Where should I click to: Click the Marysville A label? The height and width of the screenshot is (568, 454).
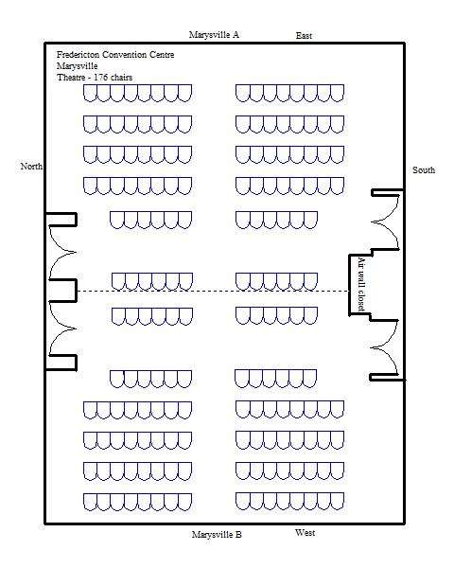(x=214, y=35)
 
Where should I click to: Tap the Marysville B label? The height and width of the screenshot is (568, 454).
(x=217, y=535)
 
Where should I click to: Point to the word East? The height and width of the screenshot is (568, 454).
(x=304, y=36)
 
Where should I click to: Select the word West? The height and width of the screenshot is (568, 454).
(x=305, y=533)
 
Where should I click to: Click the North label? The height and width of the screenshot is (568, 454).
(x=31, y=167)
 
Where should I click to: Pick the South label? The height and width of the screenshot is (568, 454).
(x=424, y=169)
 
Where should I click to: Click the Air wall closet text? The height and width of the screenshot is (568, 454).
(x=361, y=284)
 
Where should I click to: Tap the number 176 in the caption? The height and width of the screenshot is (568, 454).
(x=100, y=78)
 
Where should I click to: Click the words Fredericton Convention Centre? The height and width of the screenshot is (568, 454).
(x=115, y=55)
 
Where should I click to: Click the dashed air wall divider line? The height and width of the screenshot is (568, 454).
(x=213, y=291)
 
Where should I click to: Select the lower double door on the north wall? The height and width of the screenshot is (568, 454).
(x=62, y=328)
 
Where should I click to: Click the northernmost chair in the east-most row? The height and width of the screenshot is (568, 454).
(x=90, y=93)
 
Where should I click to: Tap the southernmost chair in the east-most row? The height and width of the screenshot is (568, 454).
(x=337, y=93)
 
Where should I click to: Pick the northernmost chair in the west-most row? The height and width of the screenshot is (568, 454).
(x=90, y=502)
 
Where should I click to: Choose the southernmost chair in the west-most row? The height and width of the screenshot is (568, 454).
(x=337, y=502)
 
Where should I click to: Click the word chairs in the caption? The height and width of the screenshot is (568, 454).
(x=121, y=78)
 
